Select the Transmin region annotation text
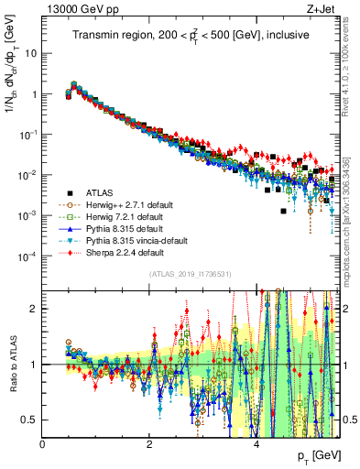point(191,35)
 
